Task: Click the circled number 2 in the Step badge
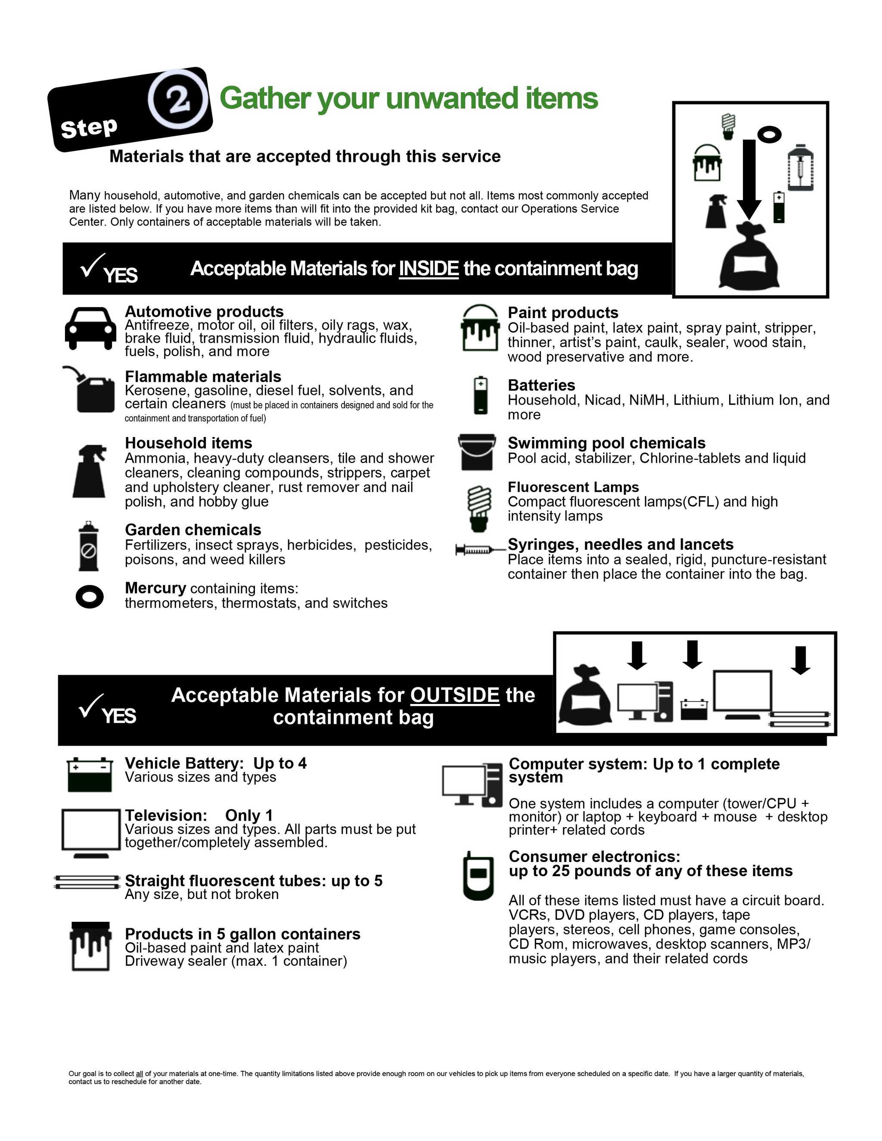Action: coord(178,99)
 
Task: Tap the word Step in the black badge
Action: coord(89,127)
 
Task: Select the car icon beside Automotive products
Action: coord(90,328)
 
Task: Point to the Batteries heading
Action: coord(541,385)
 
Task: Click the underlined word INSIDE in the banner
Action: coord(429,269)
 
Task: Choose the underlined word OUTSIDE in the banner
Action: coord(455,695)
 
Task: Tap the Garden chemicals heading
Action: coord(193,530)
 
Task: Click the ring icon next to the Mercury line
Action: coord(89,596)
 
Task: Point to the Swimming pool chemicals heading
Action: coord(606,443)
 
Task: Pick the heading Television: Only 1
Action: coord(199,815)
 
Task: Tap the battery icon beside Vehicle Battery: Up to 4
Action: coord(90,774)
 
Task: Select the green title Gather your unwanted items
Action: coord(409,99)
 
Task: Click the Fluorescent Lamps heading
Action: coord(573,487)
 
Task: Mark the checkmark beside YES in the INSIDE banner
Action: coord(93,265)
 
